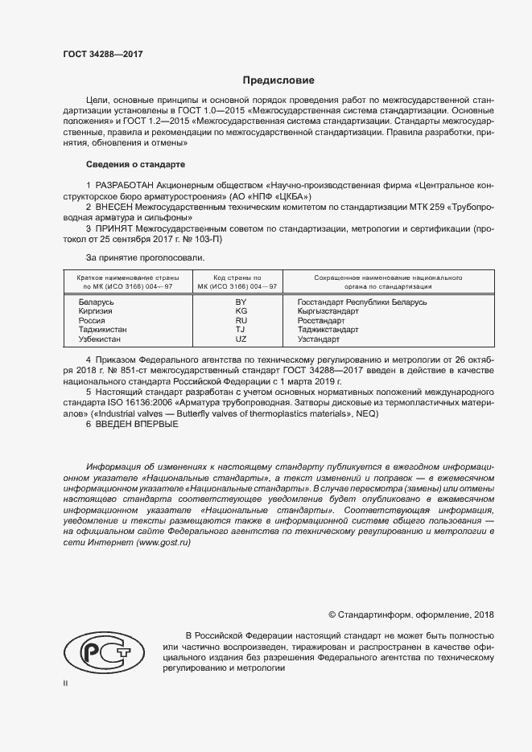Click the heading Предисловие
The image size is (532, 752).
[x=279, y=80]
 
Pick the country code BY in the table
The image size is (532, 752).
[x=241, y=302]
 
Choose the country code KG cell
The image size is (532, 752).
[x=241, y=310]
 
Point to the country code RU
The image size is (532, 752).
[x=241, y=320]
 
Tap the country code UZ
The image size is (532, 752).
[x=241, y=339]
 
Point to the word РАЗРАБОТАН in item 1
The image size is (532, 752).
[x=121, y=184]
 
